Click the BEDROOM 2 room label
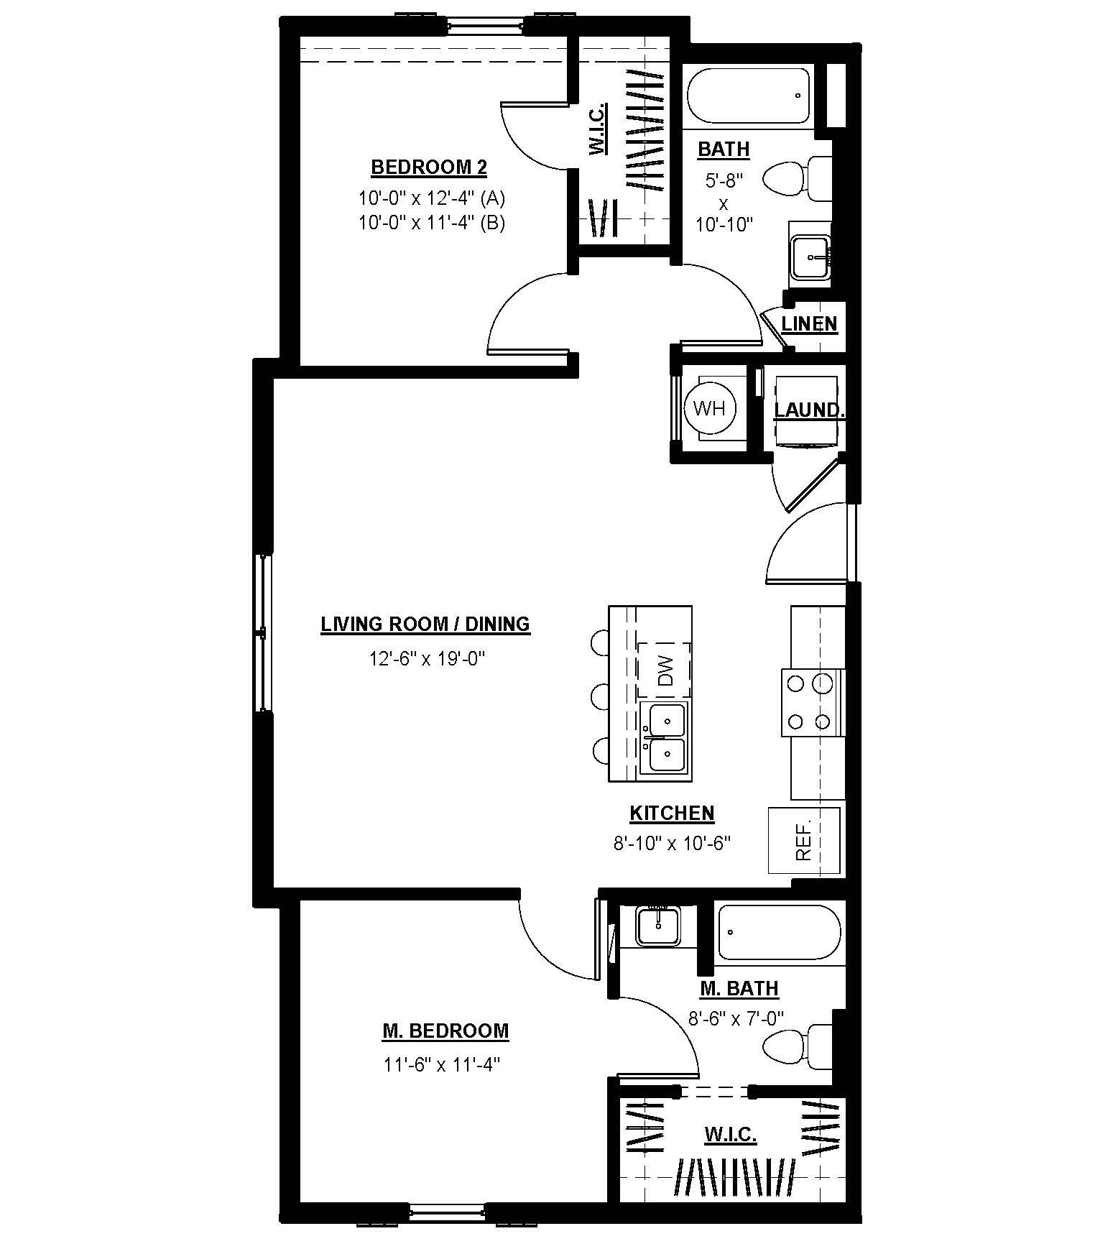coord(429,168)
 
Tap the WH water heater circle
coord(710,409)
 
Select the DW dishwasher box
coord(665,670)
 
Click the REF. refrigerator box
coord(804,840)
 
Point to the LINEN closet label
coord(809,324)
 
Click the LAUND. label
coord(808,410)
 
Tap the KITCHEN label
coord(672,814)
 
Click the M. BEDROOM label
coord(445,1031)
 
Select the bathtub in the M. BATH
coord(780,932)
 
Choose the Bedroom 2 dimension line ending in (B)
coord(432,223)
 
